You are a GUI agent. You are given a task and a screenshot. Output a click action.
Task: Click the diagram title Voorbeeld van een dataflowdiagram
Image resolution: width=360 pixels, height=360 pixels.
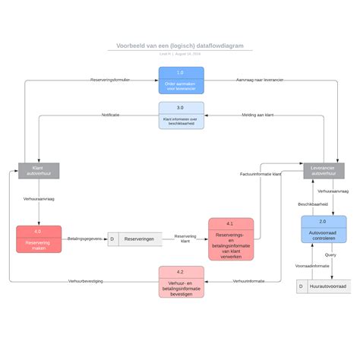coord(180,46)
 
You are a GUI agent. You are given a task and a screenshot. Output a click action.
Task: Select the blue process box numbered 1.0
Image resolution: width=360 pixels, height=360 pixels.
coord(181,80)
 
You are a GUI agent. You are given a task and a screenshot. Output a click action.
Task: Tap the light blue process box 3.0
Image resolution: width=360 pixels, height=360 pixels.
coord(181,115)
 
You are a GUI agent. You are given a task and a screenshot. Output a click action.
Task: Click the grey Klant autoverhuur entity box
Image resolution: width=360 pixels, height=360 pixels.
coord(38,170)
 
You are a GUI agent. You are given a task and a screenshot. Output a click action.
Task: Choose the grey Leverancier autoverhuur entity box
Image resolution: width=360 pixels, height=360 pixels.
coord(324,170)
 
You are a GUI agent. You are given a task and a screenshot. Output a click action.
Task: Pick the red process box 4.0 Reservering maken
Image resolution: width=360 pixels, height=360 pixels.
coord(38,238)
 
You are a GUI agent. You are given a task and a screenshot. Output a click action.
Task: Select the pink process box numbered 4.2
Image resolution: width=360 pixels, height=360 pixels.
coord(181,282)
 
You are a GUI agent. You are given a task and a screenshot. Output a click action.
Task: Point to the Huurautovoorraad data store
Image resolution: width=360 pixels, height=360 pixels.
coord(324,286)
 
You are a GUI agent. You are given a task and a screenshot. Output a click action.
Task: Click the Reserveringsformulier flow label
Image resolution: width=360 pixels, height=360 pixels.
coord(110,80)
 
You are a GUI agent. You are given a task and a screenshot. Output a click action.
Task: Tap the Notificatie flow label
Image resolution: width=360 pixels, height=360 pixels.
coord(111,115)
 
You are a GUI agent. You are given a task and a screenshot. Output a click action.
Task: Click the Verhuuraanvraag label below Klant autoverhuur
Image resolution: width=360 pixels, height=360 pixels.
coord(38,199)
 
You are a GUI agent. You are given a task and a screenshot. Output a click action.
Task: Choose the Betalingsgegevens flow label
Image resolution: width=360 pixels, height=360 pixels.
coord(84,238)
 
